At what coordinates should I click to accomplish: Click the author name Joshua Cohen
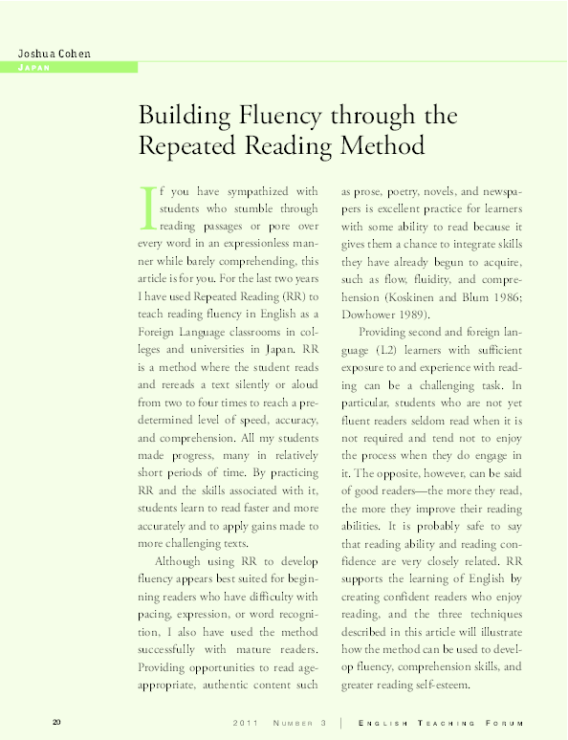tap(54, 53)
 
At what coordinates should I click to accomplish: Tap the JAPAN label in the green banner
tap(34, 68)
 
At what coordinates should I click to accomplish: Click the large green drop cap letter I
tap(146, 207)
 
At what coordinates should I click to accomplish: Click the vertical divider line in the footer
tap(341, 720)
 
